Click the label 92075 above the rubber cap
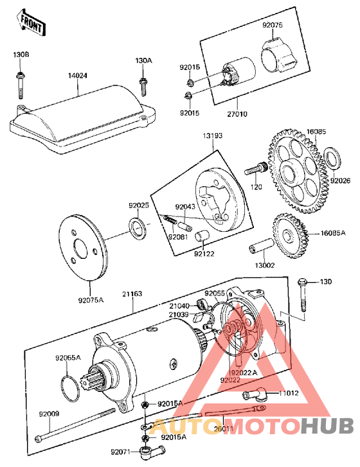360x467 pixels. tap(272, 25)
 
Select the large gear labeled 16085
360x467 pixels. tap(298, 173)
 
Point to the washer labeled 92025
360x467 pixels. tap(137, 226)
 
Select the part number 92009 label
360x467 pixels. tap(48, 414)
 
